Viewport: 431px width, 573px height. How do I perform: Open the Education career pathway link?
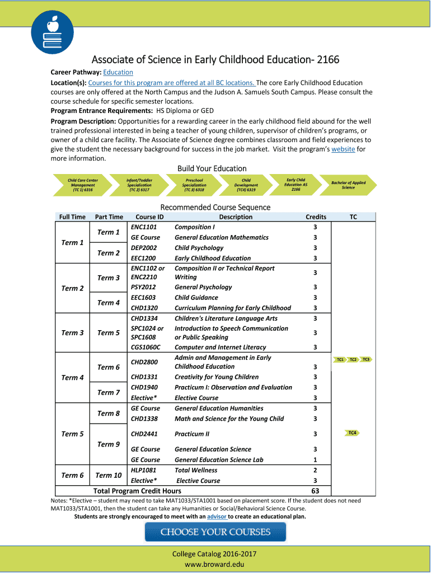(x=118, y=72)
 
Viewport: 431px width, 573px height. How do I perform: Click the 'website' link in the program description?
(x=343, y=149)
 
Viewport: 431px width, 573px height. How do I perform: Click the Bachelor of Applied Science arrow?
(x=348, y=185)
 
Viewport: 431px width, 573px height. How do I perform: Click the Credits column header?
(x=316, y=217)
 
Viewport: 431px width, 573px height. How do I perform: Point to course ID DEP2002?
(x=144, y=248)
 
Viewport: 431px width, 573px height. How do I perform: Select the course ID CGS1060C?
(x=145, y=347)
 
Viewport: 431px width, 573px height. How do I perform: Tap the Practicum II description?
(x=192, y=434)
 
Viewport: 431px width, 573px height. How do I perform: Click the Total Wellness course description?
(x=196, y=471)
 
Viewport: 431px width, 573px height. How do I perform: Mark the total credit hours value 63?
(x=315, y=491)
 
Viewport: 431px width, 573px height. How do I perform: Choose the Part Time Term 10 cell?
(x=109, y=476)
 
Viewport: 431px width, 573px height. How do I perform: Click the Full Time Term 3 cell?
(x=72, y=333)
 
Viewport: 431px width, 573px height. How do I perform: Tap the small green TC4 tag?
(x=353, y=433)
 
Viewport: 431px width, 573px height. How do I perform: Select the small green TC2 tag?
(x=353, y=359)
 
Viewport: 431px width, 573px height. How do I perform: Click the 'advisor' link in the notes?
(x=217, y=516)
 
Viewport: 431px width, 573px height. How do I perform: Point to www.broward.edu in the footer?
(x=215, y=565)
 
